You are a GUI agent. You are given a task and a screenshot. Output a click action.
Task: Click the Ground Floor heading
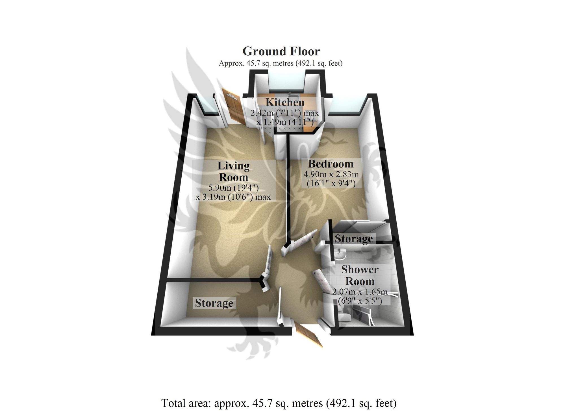point(281,51)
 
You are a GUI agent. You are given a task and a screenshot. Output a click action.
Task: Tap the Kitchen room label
point(285,102)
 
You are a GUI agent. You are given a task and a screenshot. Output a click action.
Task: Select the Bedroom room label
point(331,164)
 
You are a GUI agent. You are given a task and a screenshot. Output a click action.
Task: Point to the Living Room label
point(233,171)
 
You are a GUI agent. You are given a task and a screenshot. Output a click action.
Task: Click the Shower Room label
point(360,275)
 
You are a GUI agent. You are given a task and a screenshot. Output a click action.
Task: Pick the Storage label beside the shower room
point(354,239)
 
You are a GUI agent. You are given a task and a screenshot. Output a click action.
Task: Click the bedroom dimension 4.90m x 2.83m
point(331,174)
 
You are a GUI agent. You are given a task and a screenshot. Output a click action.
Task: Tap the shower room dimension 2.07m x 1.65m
point(360,292)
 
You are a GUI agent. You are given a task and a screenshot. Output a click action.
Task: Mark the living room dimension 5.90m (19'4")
point(233,188)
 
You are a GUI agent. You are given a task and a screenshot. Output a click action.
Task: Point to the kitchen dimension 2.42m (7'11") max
point(284,113)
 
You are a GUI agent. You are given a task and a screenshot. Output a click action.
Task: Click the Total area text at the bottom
point(279,403)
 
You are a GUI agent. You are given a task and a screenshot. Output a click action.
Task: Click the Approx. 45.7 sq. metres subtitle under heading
point(281,63)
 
